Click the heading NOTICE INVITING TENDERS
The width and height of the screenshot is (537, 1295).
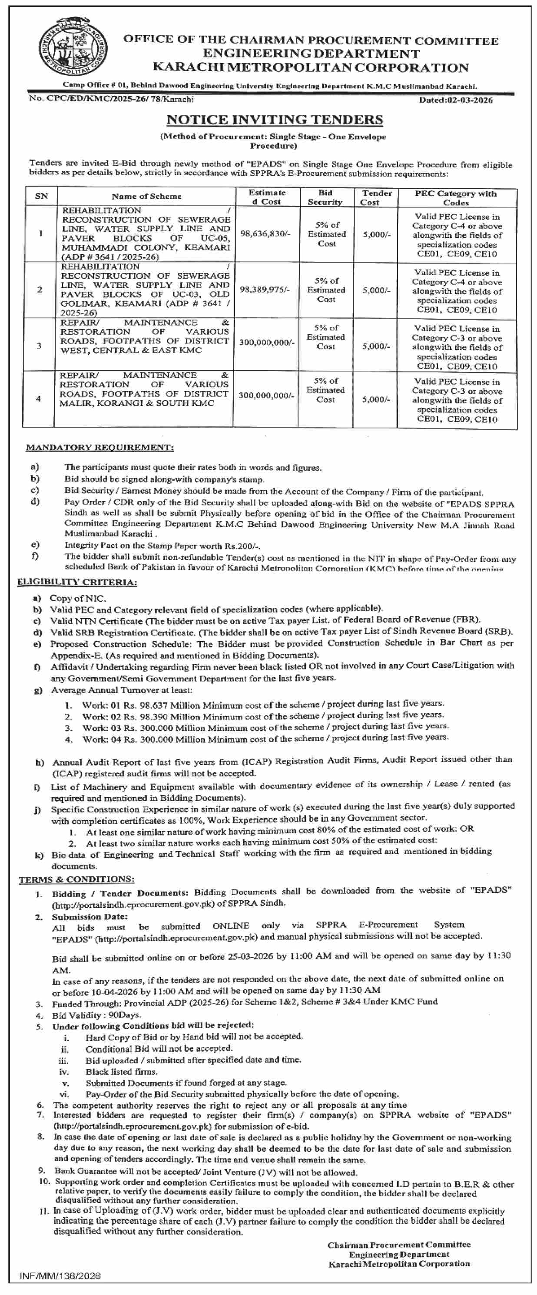pos(274,120)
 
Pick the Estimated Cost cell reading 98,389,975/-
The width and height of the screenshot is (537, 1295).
pos(265,290)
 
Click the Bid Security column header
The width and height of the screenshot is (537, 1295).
pos(325,197)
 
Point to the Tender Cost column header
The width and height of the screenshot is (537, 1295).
pos(376,197)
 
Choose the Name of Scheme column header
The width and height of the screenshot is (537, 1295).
pos(146,196)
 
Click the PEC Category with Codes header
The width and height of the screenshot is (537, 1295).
pos(456,197)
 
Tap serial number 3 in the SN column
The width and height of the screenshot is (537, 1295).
pos(39,346)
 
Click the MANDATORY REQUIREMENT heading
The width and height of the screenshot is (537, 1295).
pos(99,447)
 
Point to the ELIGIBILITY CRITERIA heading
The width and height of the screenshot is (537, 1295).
pos(77,582)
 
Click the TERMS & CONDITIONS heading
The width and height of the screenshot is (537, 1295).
pos(76,880)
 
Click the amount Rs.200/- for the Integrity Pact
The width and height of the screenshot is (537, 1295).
pos(244,546)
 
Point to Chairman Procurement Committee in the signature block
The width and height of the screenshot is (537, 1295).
pos(399,1245)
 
